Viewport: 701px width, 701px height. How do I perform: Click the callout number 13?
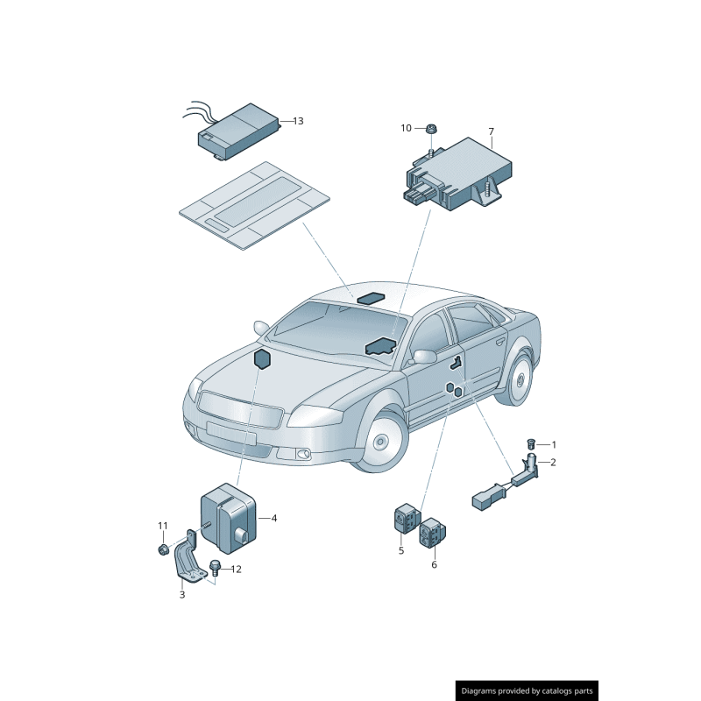click(x=298, y=121)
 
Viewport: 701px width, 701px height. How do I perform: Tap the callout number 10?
click(x=406, y=128)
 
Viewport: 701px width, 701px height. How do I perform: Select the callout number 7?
click(x=492, y=131)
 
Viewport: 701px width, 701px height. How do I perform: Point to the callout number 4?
click(x=274, y=518)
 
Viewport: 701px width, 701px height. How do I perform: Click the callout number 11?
click(x=163, y=526)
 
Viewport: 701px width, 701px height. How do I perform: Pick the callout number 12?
click(x=236, y=569)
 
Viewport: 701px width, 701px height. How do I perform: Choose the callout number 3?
click(x=182, y=595)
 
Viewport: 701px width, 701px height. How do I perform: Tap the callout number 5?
click(x=401, y=551)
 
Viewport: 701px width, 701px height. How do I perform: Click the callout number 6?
click(x=434, y=564)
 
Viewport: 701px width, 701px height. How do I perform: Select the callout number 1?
click(x=554, y=445)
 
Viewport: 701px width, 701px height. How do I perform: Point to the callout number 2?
click(x=553, y=463)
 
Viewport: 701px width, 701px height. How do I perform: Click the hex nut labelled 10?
click(x=431, y=129)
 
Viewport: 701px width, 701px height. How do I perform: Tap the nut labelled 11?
click(x=163, y=549)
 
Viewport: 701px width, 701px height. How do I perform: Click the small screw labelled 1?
click(x=531, y=444)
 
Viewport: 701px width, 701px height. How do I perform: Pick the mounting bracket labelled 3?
click(x=187, y=558)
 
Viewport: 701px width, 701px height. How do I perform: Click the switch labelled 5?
click(x=407, y=518)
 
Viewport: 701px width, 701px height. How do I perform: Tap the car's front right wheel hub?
click(x=380, y=442)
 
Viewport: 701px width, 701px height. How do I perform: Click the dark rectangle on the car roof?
click(x=370, y=297)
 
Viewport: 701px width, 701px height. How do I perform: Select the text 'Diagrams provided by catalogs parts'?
click(x=527, y=691)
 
